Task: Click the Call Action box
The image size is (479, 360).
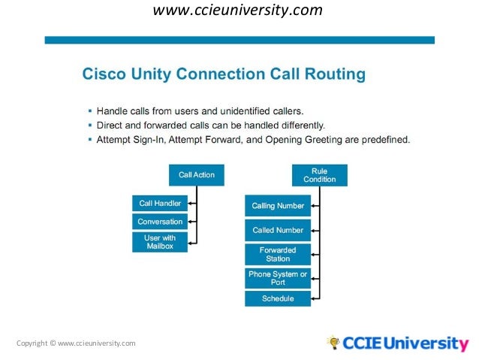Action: [196, 175]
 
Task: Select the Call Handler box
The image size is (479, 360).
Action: [160, 203]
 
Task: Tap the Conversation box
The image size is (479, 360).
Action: [160, 222]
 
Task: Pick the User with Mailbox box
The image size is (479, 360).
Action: [160, 242]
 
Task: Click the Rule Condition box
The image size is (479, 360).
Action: [319, 175]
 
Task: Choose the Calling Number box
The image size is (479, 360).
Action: [278, 206]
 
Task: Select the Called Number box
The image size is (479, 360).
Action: [278, 230]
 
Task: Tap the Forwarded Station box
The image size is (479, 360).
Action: [278, 254]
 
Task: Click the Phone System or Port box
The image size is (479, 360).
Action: [278, 278]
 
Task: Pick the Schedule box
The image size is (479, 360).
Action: [278, 298]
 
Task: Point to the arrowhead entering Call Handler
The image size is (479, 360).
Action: [191, 203]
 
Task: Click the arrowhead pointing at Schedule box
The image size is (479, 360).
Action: [314, 298]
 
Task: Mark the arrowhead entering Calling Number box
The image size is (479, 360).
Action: [314, 206]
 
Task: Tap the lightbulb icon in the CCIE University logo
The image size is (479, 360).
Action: [333, 343]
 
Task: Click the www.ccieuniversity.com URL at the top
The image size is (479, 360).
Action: [238, 11]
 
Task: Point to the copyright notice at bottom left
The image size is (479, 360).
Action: [76, 343]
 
